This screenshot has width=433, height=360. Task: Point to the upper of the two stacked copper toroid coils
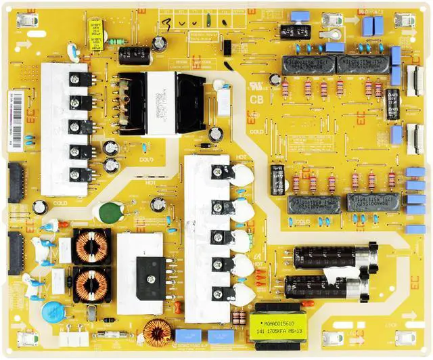click(x=91, y=246)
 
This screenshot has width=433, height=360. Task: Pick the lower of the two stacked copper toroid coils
click(x=91, y=284)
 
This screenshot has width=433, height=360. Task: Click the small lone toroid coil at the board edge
click(x=156, y=333)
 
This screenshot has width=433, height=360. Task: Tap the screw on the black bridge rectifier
click(x=149, y=265)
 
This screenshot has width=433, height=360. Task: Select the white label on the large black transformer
click(x=161, y=102)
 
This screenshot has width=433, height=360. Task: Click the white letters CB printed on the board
click(x=256, y=99)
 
